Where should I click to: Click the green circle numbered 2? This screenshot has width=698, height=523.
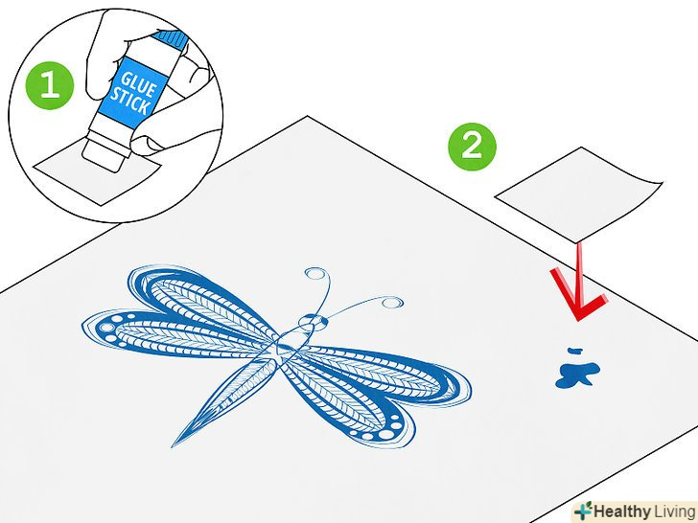point(472,147)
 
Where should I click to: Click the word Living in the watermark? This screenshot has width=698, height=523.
point(673,510)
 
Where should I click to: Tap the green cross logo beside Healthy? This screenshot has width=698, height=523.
point(583,511)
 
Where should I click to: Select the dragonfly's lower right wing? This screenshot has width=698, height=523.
point(384,393)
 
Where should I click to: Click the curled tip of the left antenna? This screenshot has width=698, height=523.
point(314,275)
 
